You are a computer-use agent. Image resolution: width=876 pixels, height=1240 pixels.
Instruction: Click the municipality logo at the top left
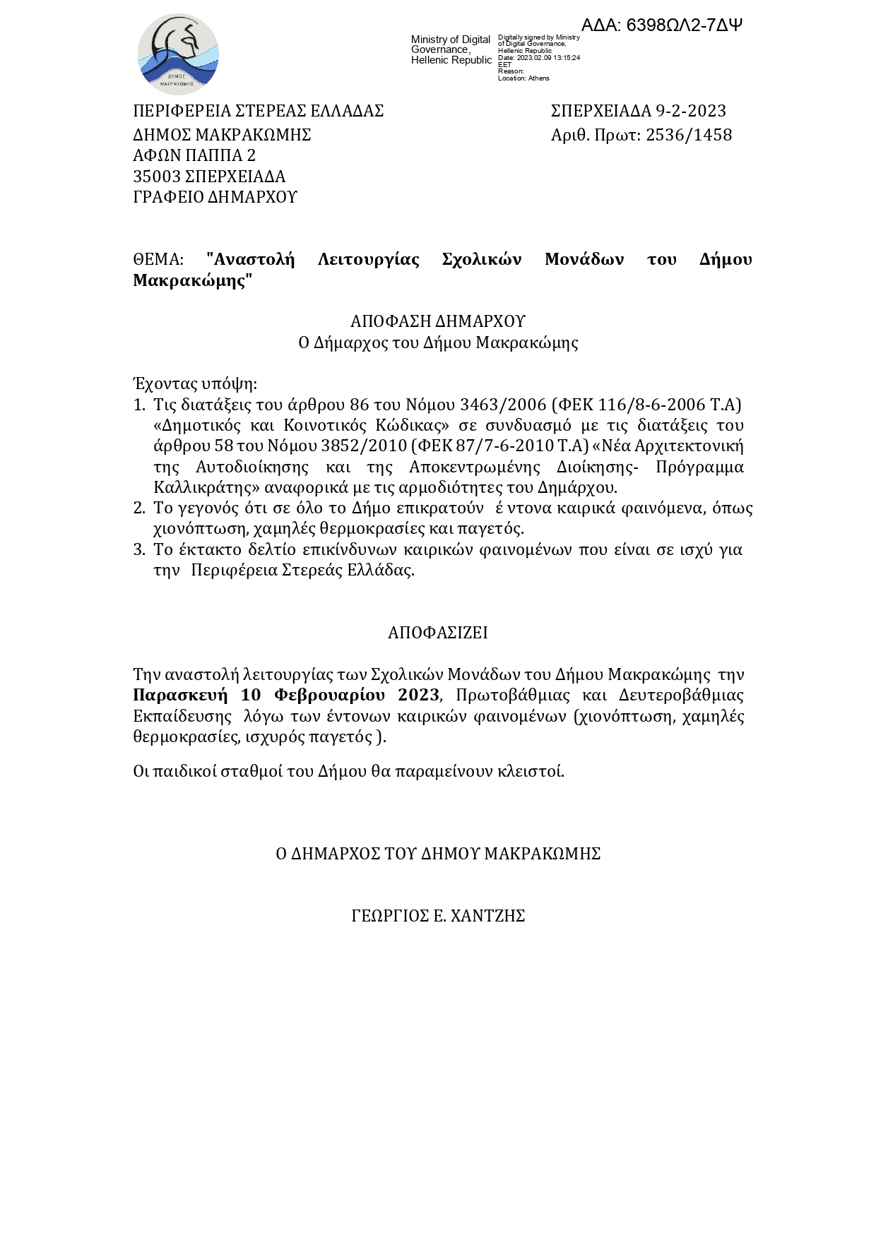point(178,54)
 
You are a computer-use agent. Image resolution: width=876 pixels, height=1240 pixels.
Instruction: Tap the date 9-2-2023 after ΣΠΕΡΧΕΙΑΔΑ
point(691,111)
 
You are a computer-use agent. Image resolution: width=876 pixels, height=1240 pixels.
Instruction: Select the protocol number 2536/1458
point(689,135)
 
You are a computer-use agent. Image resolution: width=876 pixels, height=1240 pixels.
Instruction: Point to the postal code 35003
point(157,177)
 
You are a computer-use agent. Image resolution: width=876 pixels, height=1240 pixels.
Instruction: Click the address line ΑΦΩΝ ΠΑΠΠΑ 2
point(194,155)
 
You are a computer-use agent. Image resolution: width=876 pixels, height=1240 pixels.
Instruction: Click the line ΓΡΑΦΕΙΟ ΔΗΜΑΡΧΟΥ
point(215,197)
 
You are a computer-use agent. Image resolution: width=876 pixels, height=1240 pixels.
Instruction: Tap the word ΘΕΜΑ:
point(158,260)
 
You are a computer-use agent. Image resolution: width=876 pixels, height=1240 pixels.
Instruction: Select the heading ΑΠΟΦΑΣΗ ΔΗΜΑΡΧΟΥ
point(438,322)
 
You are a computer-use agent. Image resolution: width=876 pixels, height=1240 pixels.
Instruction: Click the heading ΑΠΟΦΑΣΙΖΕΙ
point(438,633)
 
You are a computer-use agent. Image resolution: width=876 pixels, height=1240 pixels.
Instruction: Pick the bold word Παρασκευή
point(180,696)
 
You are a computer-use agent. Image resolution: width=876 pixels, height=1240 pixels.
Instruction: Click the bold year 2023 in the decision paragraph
point(418,696)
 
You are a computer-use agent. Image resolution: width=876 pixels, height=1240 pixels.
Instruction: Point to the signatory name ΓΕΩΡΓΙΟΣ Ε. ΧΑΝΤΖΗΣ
point(438,917)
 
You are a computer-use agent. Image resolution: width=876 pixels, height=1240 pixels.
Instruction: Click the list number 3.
point(138,549)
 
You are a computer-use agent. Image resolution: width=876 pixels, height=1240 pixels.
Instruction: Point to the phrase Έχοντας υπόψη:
point(195,384)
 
